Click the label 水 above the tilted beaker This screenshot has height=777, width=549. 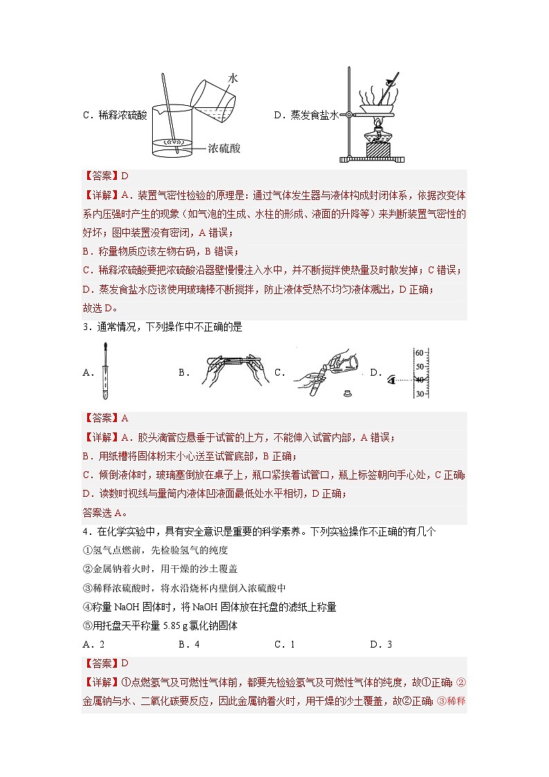tap(233, 80)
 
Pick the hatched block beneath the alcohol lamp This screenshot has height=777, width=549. tap(378, 149)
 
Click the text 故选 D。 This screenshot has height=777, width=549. tap(100, 308)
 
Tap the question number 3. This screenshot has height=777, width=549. tap(85, 327)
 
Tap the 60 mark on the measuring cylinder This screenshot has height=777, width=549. tap(419, 353)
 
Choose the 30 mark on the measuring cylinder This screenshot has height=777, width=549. tap(419, 394)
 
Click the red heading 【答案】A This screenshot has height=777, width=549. tap(105, 418)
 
